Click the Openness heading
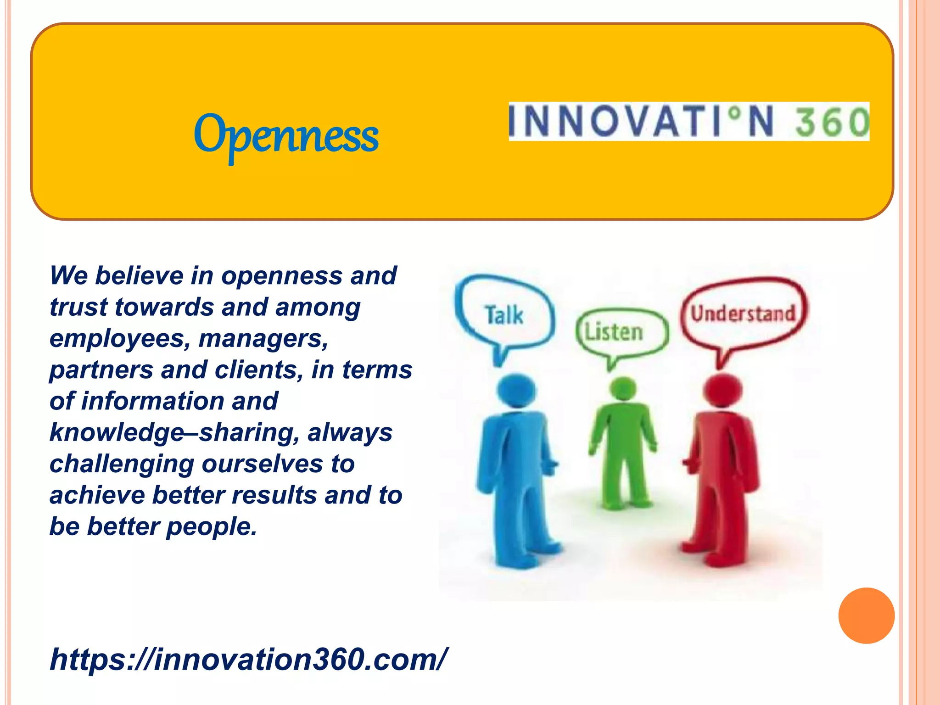tap(286, 135)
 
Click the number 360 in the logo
tap(831, 122)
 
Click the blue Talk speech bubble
tap(504, 314)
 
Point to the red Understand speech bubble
tap(743, 314)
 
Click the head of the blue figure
tap(516, 391)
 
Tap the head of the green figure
tap(622, 388)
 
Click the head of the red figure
tap(722, 390)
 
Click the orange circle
tap(866, 615)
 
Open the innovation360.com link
tap(248, 659)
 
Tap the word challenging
tap(122, 464)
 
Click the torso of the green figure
tap(622, 427)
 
